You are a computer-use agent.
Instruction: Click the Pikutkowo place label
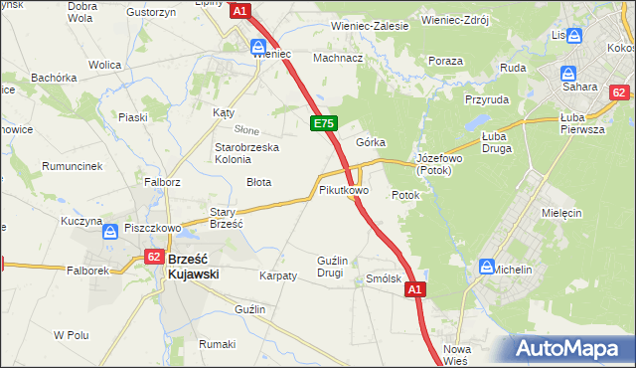click(x=344, y=189)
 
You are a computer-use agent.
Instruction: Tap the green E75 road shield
click(x=323, y=123)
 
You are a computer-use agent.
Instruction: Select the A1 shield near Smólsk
click(x=415, y=289)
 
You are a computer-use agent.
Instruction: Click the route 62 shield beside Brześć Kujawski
click(x=153, y=256)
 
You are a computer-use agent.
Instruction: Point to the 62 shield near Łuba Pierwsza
click(x=618, y=92)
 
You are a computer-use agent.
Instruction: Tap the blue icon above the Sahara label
click(x=569, y=73)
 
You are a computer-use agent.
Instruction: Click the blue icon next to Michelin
click(x=487, y=267)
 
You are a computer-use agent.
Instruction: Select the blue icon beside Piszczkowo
click(x=111, y=232)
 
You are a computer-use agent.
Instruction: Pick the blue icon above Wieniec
click(x=257, y=46)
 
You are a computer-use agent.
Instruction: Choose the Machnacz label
click(x=337, y=58)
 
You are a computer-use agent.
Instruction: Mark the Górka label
click(x=371, y=142)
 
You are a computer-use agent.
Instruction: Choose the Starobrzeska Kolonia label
click(x=247, y=154)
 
